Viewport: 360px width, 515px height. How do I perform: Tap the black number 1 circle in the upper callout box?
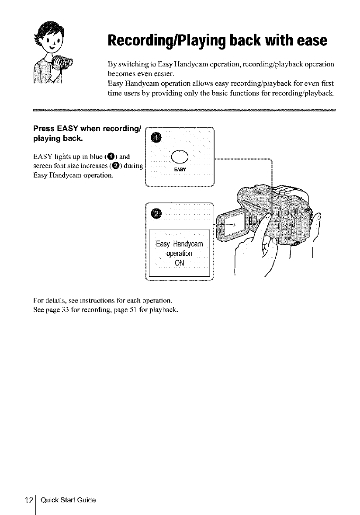point(156,138)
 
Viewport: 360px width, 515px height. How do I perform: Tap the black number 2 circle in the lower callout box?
point(156,213)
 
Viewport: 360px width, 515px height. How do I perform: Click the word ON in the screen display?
point(180,263)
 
